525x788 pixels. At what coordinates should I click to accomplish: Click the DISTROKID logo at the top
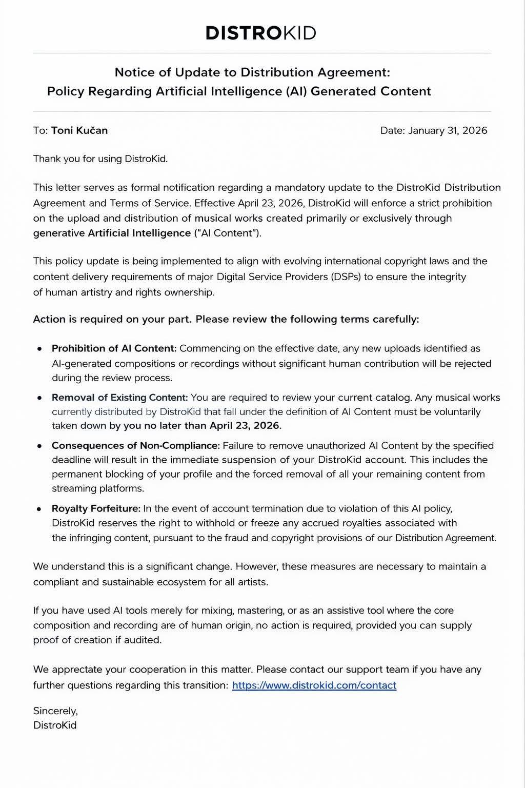(x=260, y=33)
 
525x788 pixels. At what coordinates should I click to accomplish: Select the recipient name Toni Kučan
(x=79, y=130)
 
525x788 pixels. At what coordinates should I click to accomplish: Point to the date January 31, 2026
(x=447, y=130)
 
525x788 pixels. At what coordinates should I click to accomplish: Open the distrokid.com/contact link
(x=314, y=685)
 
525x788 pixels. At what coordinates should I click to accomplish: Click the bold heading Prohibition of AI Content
(x=114, y=348)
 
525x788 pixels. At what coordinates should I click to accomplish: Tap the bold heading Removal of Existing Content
(x=119, y=398)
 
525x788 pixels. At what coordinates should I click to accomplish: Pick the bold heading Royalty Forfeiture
(x=96, y=508)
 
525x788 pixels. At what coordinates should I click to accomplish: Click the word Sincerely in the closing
(x=55, y=711)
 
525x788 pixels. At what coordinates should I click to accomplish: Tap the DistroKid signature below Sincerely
(x=55, y=725)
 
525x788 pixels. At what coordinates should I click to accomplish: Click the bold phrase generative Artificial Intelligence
(x=112, y=233)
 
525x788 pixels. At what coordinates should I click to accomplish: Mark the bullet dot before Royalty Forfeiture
(x=39, y=509)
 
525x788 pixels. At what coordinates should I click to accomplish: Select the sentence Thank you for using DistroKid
(x=100, y=159)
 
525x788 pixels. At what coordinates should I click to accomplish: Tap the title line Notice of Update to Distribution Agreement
(x=252, y=72)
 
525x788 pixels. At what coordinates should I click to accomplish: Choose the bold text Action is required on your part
(x=112, y=319)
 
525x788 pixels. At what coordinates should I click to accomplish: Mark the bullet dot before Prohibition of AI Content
(x=39, y=349)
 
